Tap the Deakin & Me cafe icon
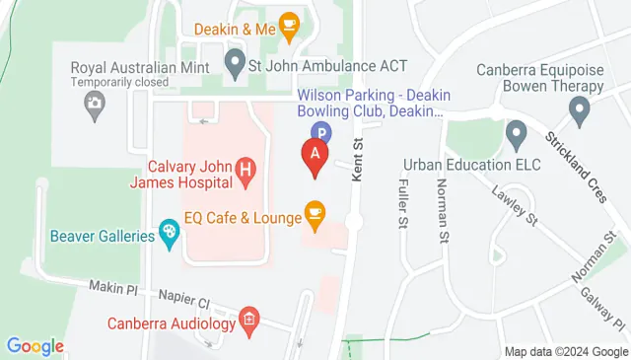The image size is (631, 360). (x=289, y=26)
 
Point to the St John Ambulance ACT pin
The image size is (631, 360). (x=235, y=66)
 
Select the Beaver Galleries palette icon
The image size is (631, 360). (x=170, y=235)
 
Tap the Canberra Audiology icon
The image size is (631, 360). (x=249, y=320)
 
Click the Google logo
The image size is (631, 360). (x=35, y=346)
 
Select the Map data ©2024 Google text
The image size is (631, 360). (x=565, y=351)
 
